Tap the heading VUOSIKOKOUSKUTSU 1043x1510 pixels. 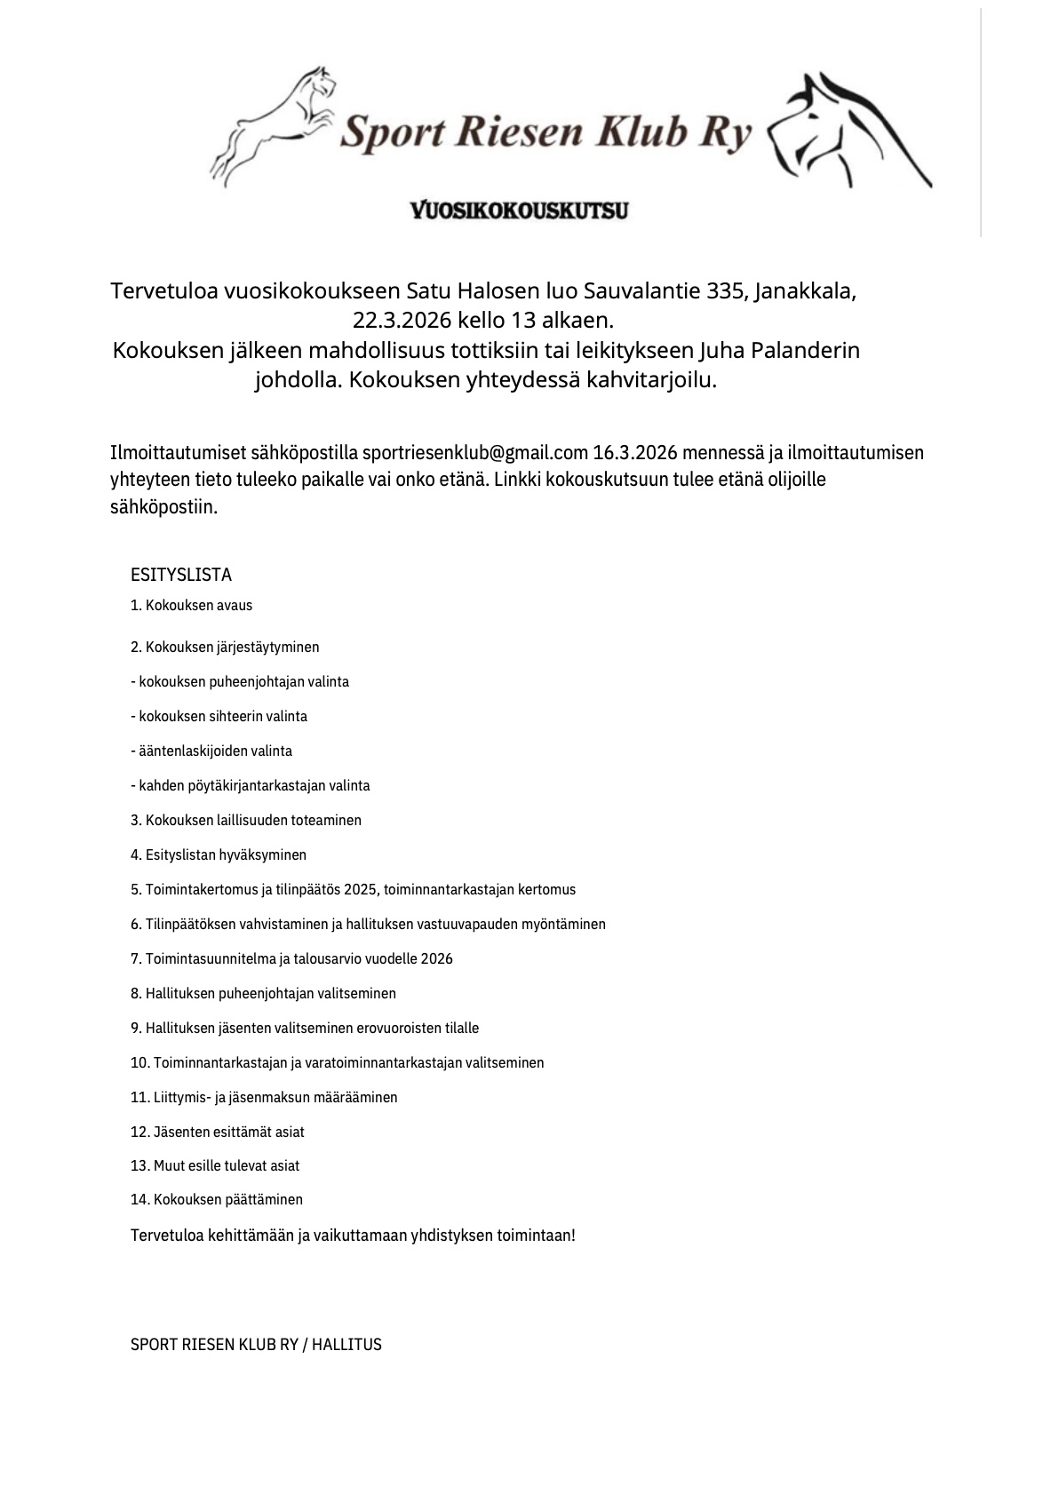(520, 211)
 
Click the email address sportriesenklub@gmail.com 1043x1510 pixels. (475, 453)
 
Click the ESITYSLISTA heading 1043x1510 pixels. (181, 575)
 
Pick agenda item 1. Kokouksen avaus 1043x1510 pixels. (192, 606)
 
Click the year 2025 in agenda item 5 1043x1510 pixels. (362, 889)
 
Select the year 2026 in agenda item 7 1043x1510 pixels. (436, 958)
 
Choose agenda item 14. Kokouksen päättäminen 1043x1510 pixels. (217, 1199)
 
